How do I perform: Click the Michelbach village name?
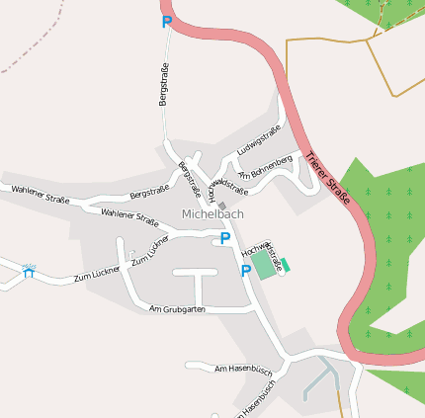(212, 213)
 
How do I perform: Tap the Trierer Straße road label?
(329, 178)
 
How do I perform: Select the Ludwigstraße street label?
(260, 139)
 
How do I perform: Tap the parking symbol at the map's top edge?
(166, 21)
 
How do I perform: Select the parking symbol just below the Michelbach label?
(225, 237)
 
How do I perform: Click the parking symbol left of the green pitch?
(245, 270)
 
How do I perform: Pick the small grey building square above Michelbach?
(222, 206)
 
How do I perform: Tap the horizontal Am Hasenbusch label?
(242, 369)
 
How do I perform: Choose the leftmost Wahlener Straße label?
(40, 194)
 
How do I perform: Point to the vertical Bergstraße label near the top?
(164, 84)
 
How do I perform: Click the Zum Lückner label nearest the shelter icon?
(97, 274)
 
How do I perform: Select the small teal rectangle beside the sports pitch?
(288, 264)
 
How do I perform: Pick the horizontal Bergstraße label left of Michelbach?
(149, 191)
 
